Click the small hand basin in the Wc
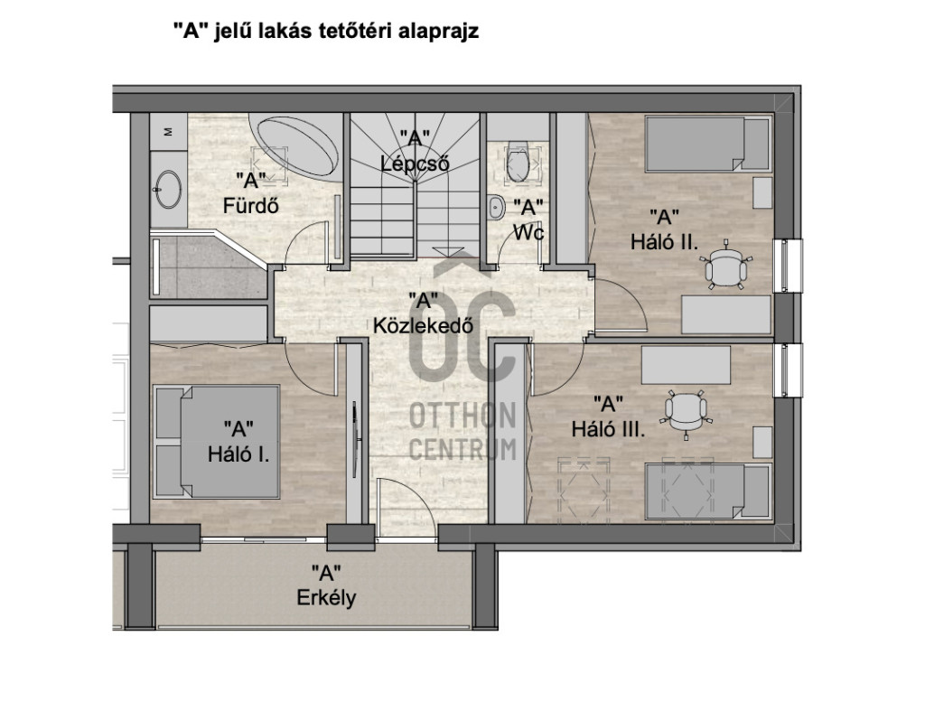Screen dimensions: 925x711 496,207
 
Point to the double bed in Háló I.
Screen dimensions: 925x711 217,441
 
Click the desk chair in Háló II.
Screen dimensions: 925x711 726,266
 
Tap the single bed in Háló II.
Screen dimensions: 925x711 707,144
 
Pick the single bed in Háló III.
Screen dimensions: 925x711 707,491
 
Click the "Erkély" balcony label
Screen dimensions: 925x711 326,598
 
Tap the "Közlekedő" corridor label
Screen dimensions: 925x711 423,325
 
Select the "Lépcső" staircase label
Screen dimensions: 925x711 416,164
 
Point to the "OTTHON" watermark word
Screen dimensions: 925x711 463,416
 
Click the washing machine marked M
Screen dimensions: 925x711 168,132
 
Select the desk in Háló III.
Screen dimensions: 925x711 687,365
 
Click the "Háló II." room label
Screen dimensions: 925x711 664,242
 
